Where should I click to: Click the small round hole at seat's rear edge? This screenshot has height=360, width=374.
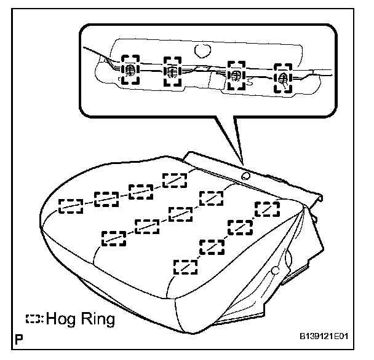click(x=246, y=176)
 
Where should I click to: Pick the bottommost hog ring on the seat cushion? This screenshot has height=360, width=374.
click(x=186, y=267)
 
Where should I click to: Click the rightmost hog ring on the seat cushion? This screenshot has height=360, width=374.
click(x=266, y=209)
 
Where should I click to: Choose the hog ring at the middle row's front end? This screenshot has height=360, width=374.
click(x=114, y=237)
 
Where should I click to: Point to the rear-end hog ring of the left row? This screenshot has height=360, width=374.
click(x=175, y=179)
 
